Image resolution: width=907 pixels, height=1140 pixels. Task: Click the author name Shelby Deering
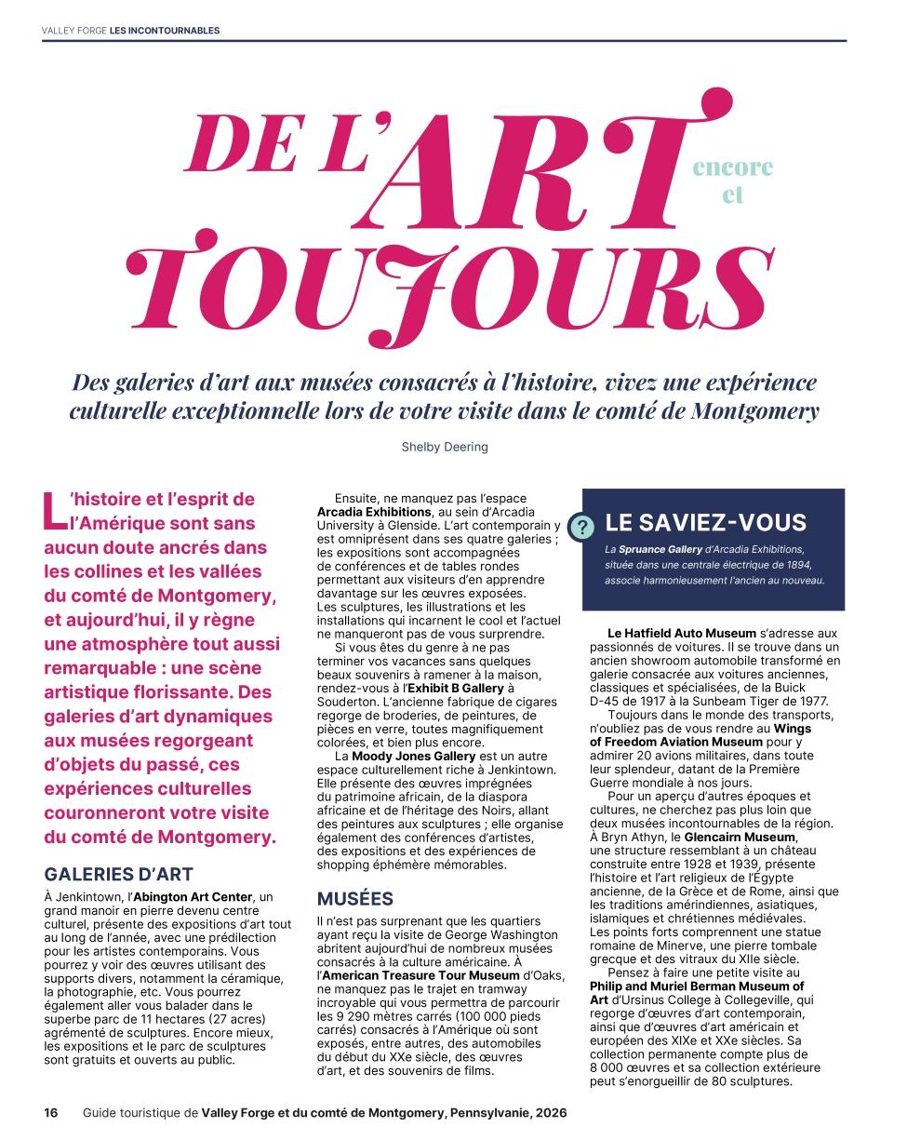[445, 447]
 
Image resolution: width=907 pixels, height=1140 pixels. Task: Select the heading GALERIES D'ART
[118, 874]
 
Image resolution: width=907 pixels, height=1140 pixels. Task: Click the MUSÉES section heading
[355, 899]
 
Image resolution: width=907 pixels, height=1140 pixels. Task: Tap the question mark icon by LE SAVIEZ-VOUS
[582, 528]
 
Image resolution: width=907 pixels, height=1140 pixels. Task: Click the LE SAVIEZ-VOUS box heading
[705, 522]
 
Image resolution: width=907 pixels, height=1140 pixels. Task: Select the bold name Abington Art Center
[193, 896]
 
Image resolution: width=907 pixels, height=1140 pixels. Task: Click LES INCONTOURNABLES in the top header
[165, 30]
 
